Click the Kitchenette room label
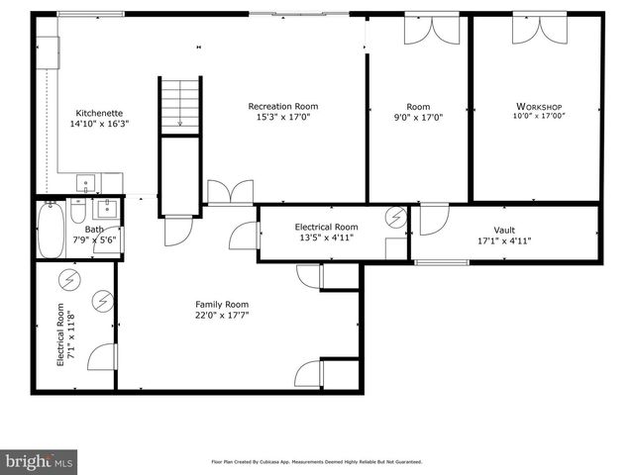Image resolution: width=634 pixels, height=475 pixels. click(99, 113)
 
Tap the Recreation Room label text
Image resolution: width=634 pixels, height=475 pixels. click(282, 106)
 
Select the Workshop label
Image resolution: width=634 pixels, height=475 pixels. click(539, 106)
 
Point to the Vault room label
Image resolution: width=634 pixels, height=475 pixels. click(504, 230)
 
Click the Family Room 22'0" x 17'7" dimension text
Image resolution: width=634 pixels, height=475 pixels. click(221, 316)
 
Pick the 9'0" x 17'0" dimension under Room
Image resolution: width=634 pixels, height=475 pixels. click(418, 117)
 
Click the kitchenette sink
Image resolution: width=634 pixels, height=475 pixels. click(86, 183)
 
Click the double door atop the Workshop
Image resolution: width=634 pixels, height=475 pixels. click(534, 30)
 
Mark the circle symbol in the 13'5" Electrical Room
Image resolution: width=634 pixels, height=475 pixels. click(395, 217)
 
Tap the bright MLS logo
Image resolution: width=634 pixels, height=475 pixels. click(39, 462)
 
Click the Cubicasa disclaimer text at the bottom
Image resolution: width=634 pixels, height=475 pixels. click(317, 462)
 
